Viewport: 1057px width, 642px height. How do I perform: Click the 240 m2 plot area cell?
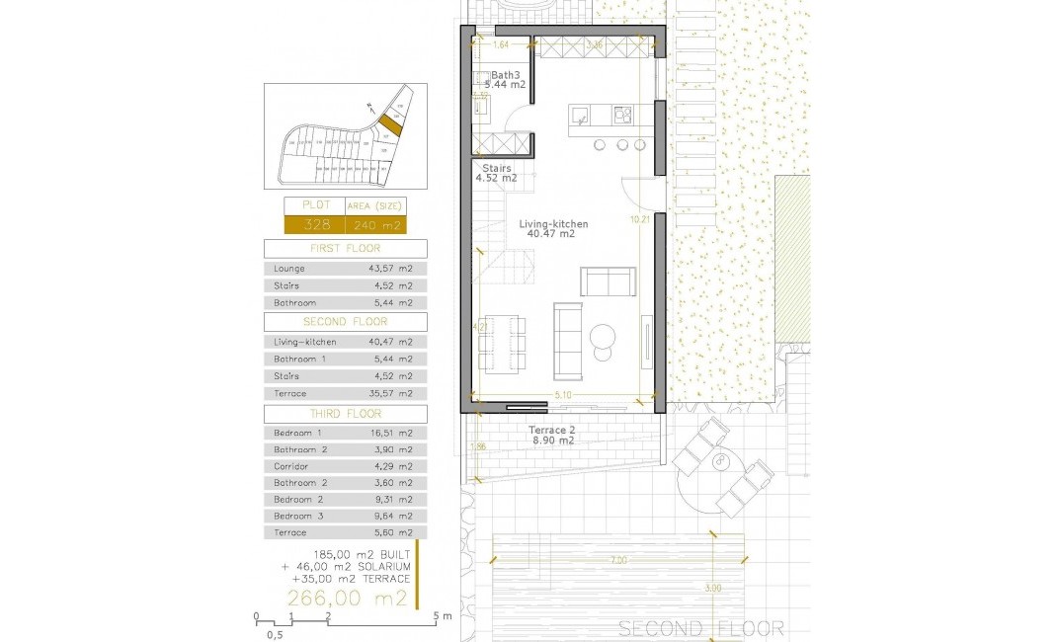[374, 224]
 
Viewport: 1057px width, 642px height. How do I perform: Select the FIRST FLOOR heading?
[345, 249]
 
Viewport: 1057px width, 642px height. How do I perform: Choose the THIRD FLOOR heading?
[345, 414]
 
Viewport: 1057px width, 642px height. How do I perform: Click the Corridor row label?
[291, 466]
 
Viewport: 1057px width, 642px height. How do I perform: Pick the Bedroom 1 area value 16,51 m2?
[392, 433]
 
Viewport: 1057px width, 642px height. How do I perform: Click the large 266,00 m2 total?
[347, 598]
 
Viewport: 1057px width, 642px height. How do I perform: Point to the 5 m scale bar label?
[441, 616]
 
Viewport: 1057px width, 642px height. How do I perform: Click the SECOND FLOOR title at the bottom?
[700, 628]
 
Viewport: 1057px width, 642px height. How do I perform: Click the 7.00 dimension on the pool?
[617, 560]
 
